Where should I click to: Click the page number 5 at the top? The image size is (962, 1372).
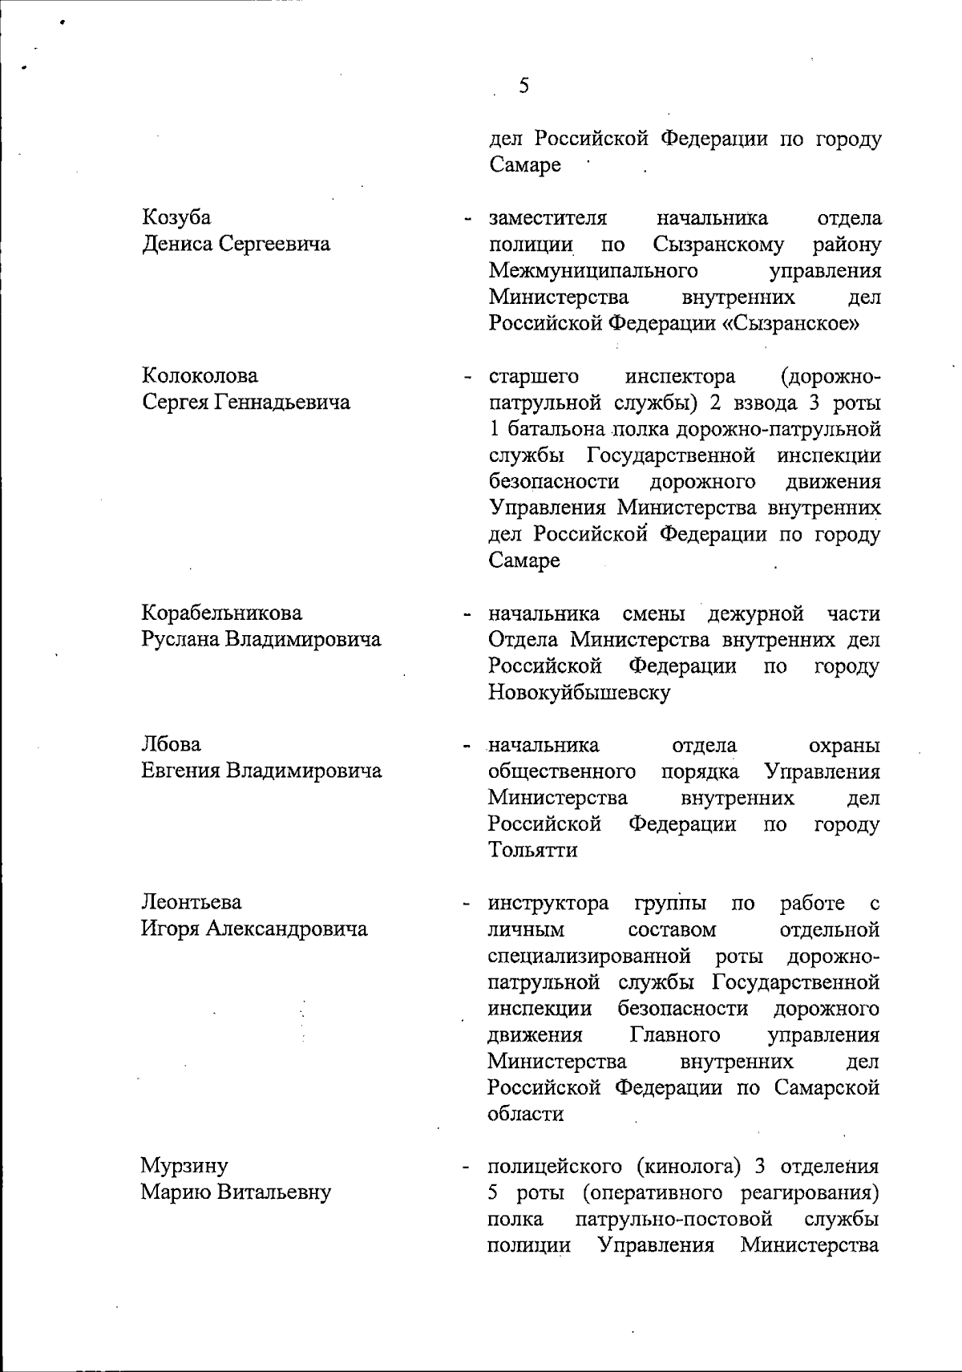point(523,86)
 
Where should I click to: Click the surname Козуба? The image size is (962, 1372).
point(176,217)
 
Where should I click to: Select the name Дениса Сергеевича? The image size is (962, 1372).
point(236,244)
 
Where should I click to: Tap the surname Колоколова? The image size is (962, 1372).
point(200,375)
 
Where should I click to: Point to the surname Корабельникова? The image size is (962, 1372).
point(222,613)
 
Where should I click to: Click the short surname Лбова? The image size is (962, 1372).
point(171,745)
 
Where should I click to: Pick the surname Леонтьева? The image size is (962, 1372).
point(192,902)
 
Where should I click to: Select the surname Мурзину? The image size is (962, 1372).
point(184,1165)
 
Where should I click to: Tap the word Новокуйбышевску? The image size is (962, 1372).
point(578,692)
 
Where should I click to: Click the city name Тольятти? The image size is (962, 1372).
point(532,850)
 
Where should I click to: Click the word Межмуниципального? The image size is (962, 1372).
point(592,270)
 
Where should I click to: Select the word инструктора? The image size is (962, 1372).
point(548,903)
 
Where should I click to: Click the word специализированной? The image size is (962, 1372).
point(589,956)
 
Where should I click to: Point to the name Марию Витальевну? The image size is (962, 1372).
point(236,1192)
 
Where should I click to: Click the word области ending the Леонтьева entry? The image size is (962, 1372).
point(525,1114)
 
